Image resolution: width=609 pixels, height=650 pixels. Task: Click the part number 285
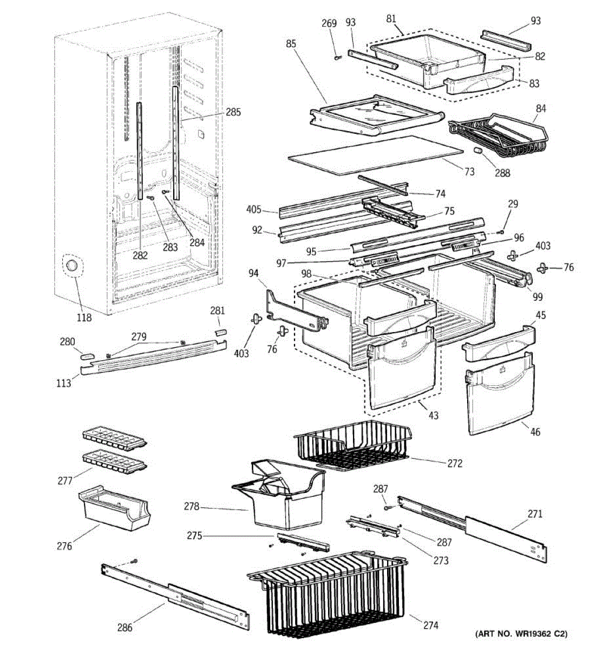tap(233, 112)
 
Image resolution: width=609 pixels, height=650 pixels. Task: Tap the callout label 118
tap(84, 317)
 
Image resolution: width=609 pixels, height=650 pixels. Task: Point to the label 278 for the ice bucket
tap(192, 506)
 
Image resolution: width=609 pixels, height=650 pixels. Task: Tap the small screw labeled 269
tap(338, 57)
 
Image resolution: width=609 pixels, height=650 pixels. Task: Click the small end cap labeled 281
tap(220, 333)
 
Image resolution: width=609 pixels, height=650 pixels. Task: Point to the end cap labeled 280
tap(87, 356)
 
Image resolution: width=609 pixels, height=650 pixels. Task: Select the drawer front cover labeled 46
tap(499, 394)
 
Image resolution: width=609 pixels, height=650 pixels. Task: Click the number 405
tap(254, 210)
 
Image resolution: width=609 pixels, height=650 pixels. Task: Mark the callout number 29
tap(513, 204)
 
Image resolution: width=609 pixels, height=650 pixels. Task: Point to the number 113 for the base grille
tap(63, 382)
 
